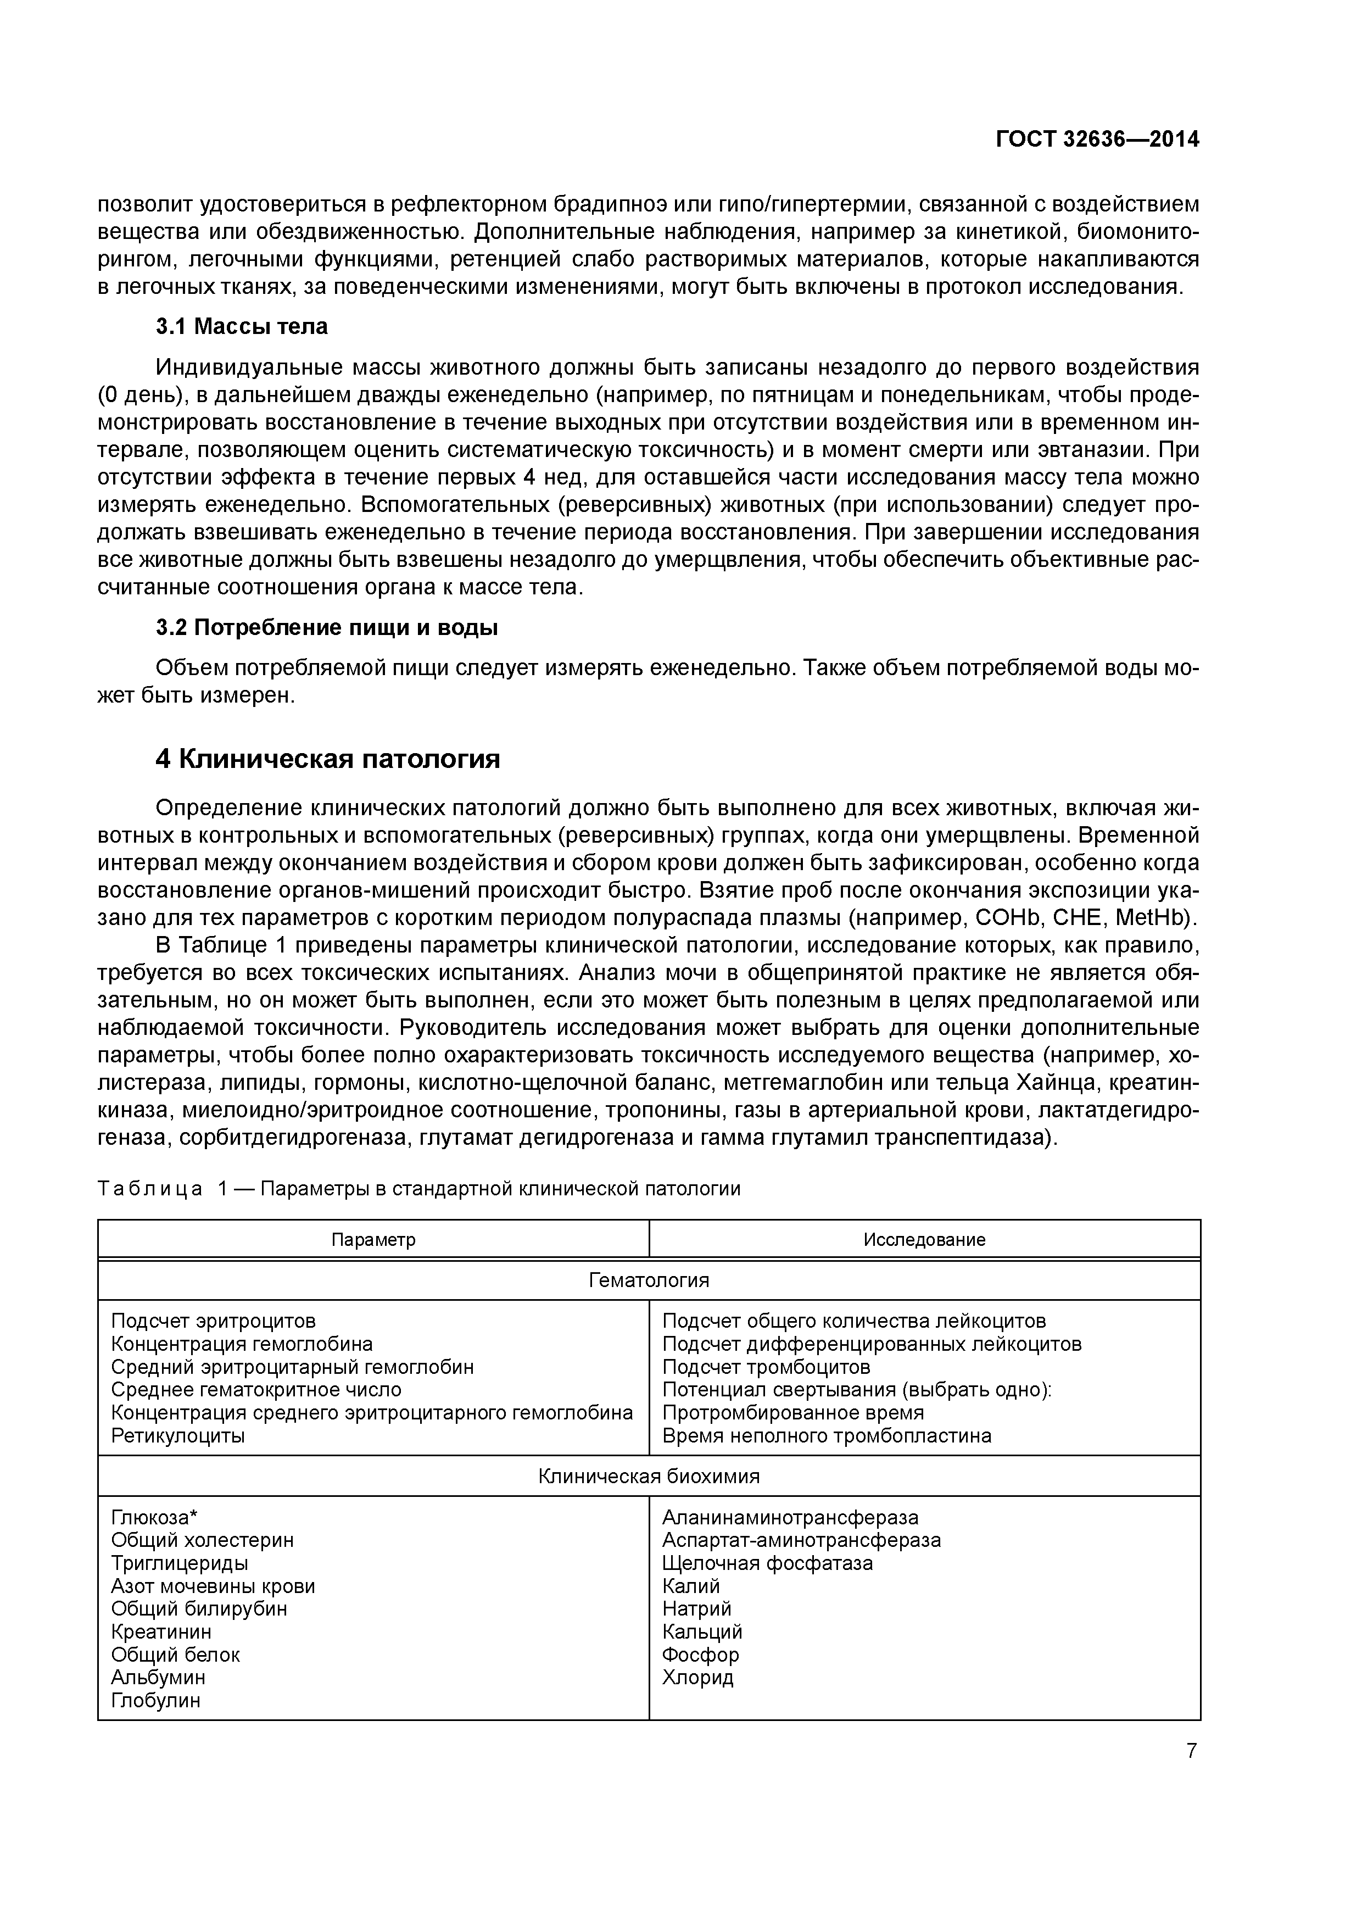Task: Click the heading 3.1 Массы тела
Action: (242, 326)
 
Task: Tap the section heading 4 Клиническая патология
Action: (327, 759)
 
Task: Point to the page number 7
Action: (1192, 1751)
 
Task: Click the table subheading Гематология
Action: (649, 1280)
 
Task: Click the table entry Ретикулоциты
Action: (178, 1436)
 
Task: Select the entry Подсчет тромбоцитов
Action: (766, 1367)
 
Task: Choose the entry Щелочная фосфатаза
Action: (767, 1563)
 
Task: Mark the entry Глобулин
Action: (155, 1700)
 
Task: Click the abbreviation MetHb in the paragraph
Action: (1159, 918)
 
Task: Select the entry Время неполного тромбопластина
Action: (826, 1436)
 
